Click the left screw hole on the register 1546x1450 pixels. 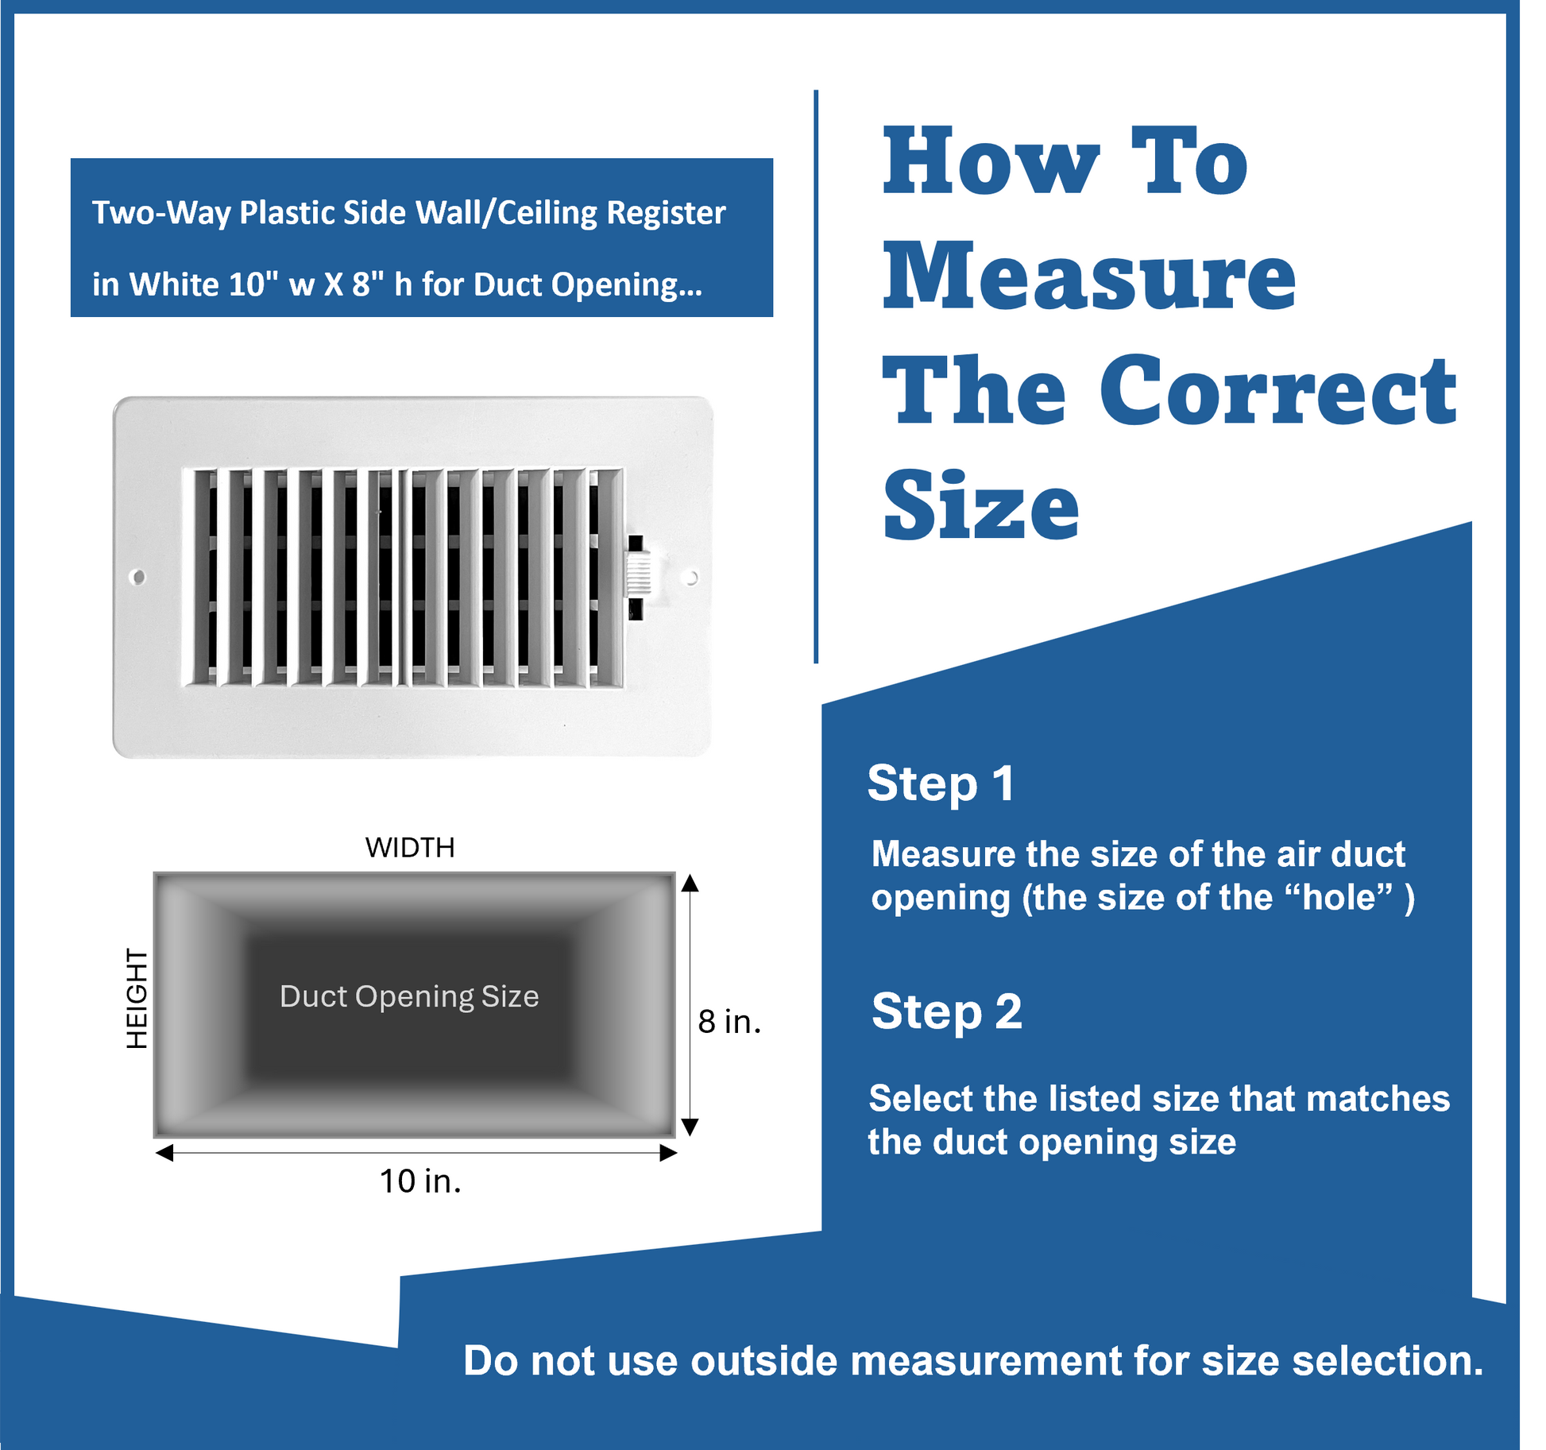click(137, 577)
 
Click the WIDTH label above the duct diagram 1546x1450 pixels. click(410, 848)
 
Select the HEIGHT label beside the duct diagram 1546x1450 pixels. click(137, 998)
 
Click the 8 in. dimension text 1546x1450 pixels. click(729, 1021)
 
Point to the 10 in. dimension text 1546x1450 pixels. click(420, 1181)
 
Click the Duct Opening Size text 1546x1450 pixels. click(409, 996)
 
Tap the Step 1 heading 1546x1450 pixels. click(941, 784)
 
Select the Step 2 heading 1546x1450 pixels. click(947, 1012)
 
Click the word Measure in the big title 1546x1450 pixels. click(1090, 276)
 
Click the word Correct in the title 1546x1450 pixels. click(1278, 390)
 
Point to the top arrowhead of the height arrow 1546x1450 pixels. click(690, 882)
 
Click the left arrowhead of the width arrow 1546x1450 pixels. click(164, 1153)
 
